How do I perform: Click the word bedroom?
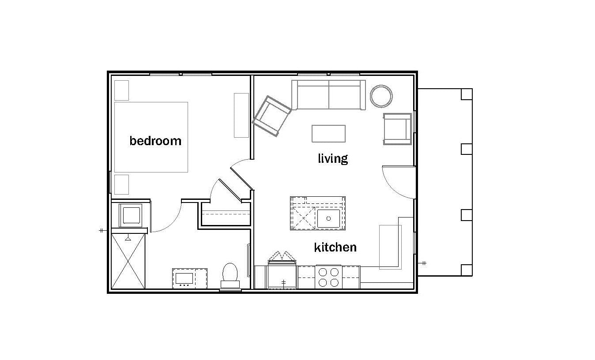click(155, 141)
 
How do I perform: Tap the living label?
click(333, 158)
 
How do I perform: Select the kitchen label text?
click(335, 247)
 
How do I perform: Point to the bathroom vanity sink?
click(184, 278)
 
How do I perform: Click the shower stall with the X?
click(128, 261)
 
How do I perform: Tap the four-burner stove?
click(328, 277)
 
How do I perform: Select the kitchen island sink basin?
click(328, 218)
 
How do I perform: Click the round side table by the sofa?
click(381, 96)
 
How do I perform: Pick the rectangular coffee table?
click(328, 134)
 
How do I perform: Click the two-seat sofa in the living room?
click(328, 95)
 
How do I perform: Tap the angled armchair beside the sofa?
click(271, 116)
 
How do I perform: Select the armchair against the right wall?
click(397, 129)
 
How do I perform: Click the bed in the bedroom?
click(151, 137)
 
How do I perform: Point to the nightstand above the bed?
click(121, 90)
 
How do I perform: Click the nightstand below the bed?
click(121, 184)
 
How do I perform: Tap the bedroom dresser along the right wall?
click(241, 115)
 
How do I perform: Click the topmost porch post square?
click(467, 94)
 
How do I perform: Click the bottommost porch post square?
click(467, 270)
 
